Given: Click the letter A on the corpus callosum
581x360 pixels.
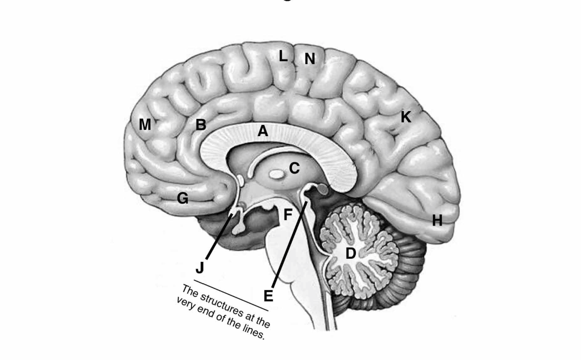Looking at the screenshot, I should pyautogui.click(x=263, y=131).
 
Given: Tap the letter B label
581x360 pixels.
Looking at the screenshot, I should pyautogui.click(x=201, y=125).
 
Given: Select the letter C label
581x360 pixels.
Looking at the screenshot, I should pyautogui.click(x=294, y=168).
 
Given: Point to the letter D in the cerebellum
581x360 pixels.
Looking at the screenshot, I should pyautogui.click(x=351, y=254).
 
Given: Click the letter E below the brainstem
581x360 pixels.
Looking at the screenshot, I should pyautogui.click(x=268, y=296).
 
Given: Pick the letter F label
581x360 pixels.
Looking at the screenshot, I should pyautogui.click(x=288, y=214).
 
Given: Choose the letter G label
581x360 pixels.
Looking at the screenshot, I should pyautogui.click(x=182, y=199).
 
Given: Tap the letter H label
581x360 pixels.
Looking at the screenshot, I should pyautogui.click(x=437, y=221).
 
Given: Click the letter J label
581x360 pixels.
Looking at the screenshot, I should pyautogui.click(x=199, y=268).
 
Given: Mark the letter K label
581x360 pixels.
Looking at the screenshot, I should pyautogui.click(x=405, y=117).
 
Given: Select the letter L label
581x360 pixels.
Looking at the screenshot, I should pyautogui.click(x=282, y=56).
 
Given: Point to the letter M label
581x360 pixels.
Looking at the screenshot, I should pyautogui.click(x=145, y=125).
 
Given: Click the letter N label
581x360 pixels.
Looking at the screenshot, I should pyautogui.click(x=309, y=59).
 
